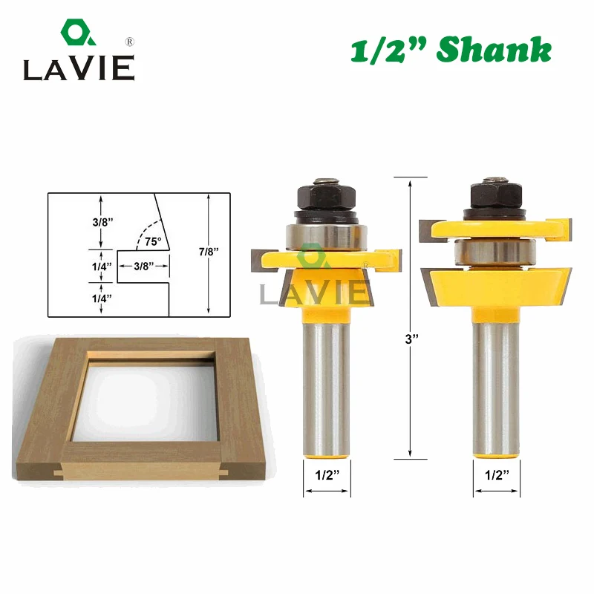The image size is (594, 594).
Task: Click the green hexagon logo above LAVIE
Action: pos(78,32)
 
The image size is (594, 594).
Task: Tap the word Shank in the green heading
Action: pos(494,49)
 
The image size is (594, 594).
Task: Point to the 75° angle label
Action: pos(153,241)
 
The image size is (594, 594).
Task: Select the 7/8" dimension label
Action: pos(209,252)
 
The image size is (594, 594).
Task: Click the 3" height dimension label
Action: pos(411,339)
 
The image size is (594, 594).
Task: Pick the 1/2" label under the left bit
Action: pos(327,474)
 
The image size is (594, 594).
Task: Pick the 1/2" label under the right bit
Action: pos(497,474)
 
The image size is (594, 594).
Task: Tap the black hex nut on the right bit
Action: pos(496,195)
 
